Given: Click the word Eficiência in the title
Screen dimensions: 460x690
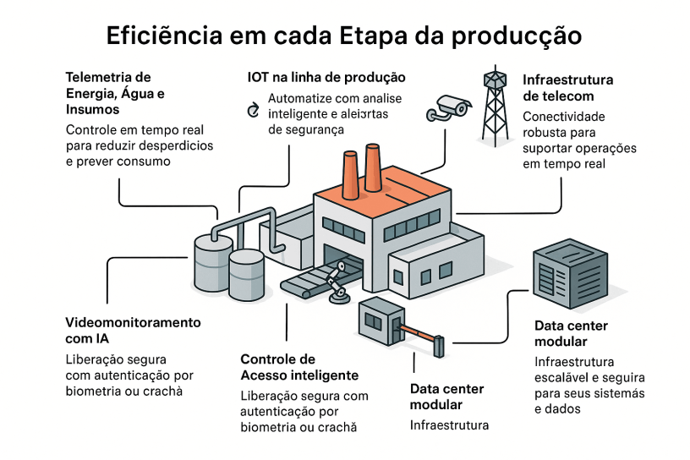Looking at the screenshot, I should (164, 36).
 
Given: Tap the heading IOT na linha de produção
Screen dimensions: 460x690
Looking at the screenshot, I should (326, 77).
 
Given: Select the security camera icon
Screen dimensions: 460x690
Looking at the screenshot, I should (451, 107).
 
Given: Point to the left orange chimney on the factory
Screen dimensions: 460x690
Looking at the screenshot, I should (349, 173).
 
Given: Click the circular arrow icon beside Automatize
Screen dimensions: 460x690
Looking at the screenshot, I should (252, 111).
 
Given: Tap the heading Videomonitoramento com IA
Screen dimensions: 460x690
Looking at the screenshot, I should (133, 331).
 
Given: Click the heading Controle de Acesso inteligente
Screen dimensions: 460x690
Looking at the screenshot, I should (299, 367).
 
